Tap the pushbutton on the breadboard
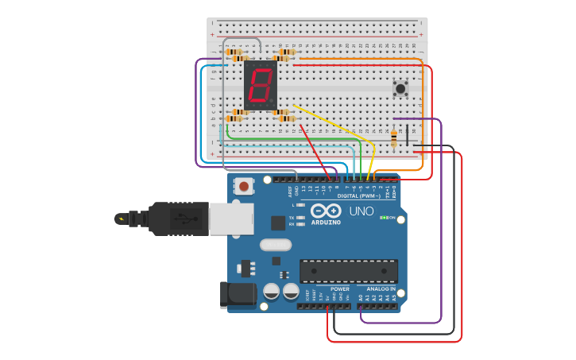pyautogui.click(x=400, y=87)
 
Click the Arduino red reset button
pyautogui.click(x=244, y=187)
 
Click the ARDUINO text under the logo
pyautogui.click(x=326, y=223)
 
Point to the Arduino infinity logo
pyautogui.click(x=326, y=211)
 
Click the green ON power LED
pyautogui.click(x=383, y=218)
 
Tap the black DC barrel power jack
pyautogui.click(x=236, y=295)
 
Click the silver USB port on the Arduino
pyautogui.click(x=231, y=218)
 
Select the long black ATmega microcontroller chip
pyautogui.click(x=348, y=271)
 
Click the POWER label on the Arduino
pyautogui.click(x=340, y=289)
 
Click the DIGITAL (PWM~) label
pyautogui.click(x=358, y=195)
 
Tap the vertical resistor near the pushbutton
pyautogui.click(x=394, y=138)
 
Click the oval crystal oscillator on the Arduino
pyautogui.click(x=276, y=245)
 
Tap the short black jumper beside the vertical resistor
pyautogui.click(x=408, y=134)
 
